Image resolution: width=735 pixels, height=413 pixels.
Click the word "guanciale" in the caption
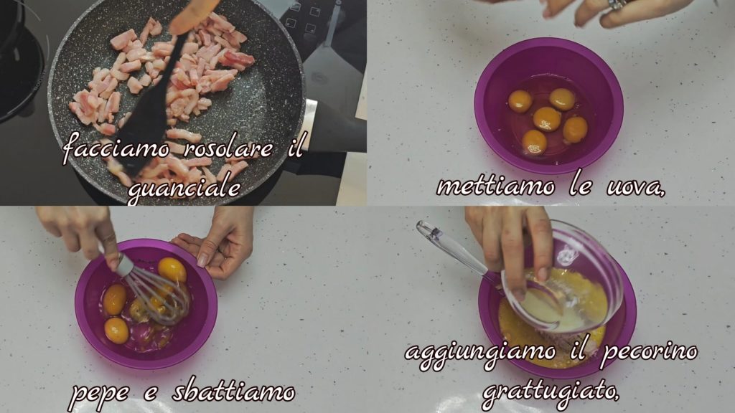[x=184, y=189]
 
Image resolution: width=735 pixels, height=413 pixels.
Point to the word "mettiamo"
[x=496, y=186]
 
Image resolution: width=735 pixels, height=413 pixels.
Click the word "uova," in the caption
[x=636, y=187]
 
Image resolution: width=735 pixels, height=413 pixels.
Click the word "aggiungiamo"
[x=480, y=353]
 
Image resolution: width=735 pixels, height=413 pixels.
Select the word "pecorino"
[x=649, y=352]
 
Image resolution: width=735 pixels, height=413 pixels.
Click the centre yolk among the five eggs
[x=547, y=119]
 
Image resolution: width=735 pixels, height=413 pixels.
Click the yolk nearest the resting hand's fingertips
[x=172, y=270]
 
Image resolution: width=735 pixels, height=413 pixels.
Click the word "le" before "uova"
[x=580, y=186]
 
